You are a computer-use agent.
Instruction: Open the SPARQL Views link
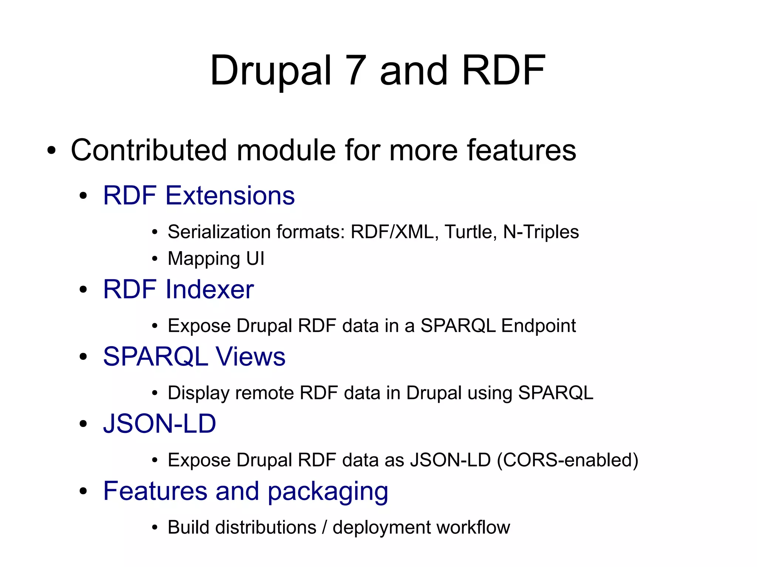click(x=194, y=356)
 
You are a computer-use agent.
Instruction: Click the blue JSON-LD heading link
click(x=159, y=423)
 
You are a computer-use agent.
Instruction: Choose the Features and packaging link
click(x=245, y=491)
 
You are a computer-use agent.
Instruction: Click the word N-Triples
click(x=541, y=232)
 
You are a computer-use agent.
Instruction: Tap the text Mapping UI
click(x=216, y=259)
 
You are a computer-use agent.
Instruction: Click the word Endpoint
click(x=539, y=326)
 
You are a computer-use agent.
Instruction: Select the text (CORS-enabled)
click(x=567, y=460)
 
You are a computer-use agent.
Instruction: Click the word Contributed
click(x=149, y=150)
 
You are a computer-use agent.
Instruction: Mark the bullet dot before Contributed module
click(x=51, y=151)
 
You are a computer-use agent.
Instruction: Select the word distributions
click(x=266, y=527)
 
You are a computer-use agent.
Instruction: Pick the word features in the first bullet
click(x=521, y=150)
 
